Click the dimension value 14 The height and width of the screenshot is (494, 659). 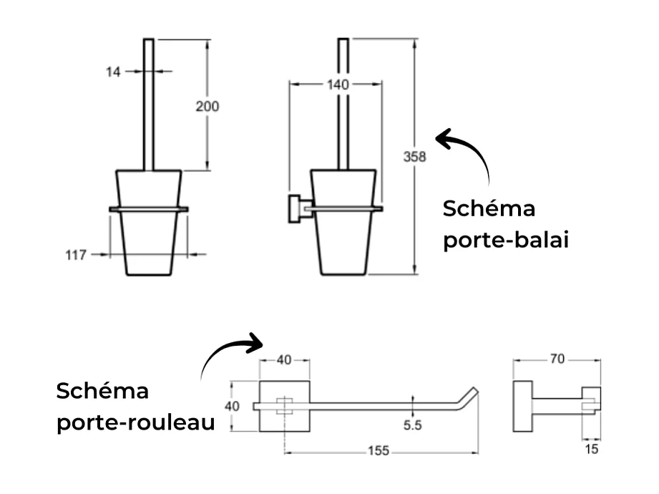(114, 71)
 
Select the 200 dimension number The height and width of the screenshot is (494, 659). (207, 106)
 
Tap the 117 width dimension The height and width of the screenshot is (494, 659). (77, 254)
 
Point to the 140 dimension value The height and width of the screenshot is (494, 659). (337, 84)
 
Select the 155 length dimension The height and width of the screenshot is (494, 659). (379, 451)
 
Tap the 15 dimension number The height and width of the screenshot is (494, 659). (591, 450)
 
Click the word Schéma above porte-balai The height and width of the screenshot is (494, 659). (489, 210)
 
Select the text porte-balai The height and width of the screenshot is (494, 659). (505, 241)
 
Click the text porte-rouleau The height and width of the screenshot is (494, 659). (136, 422)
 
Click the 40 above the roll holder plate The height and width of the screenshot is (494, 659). (284, 360)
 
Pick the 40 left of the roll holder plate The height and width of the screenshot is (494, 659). (232, 406)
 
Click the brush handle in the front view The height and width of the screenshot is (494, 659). (149, 104)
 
